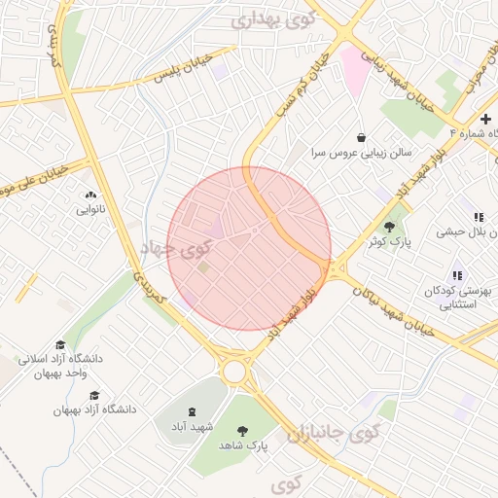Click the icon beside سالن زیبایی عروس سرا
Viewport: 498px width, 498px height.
tap(362, 137)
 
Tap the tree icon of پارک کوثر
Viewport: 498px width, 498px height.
tap(389, 227)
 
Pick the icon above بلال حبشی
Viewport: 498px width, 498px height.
tap(478, 217)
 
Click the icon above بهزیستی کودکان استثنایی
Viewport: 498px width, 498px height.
tap(457, 275)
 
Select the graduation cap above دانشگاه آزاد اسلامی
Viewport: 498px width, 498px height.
tap(60, 344)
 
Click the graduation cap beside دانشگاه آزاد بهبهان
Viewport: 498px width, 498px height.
tap(93, 395)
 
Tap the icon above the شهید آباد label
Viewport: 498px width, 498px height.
tap(191, 412)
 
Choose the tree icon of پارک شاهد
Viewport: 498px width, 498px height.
tap(242, 429)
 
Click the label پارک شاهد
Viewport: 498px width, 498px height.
tap(242, 445)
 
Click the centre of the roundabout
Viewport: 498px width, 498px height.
tap(233, 372)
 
